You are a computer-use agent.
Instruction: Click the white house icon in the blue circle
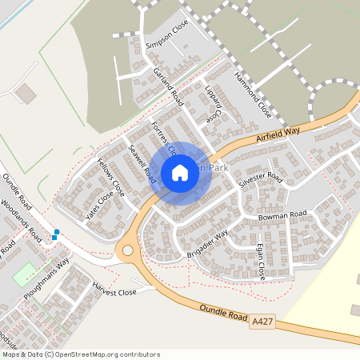coord(180,172)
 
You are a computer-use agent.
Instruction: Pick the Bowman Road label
coord(282,216)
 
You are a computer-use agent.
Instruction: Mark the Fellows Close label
coord(111,178)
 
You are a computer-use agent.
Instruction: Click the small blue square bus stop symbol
coord(55,234)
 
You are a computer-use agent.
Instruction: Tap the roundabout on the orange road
coord(125,251)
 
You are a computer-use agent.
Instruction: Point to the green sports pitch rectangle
coord(24,274)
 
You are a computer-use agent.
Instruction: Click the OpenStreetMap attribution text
coord(81,354)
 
